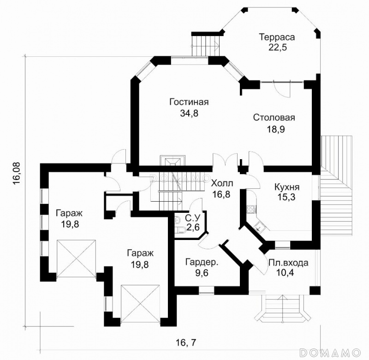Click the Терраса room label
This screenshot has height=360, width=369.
277,37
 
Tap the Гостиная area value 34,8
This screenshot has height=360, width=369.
189,113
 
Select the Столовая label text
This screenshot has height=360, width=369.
274,118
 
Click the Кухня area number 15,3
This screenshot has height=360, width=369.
287,198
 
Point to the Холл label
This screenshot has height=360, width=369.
222,183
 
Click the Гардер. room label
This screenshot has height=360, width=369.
202,262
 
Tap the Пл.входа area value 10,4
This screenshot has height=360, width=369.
285,273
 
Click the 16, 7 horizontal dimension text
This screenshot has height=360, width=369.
186,342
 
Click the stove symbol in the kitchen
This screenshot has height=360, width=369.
251,209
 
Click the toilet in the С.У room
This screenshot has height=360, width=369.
181,230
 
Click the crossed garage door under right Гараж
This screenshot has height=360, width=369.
140,304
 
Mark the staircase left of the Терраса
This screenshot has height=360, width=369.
206,44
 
